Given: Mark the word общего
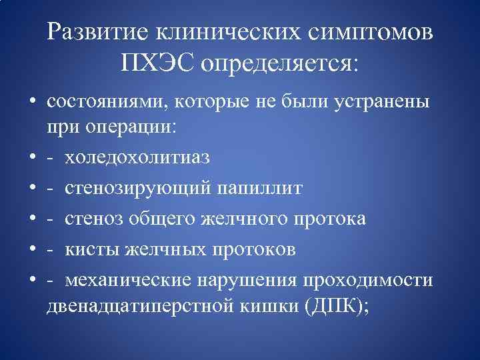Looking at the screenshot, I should pos(183,219).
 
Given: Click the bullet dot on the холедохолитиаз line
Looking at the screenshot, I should pos(32,159).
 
